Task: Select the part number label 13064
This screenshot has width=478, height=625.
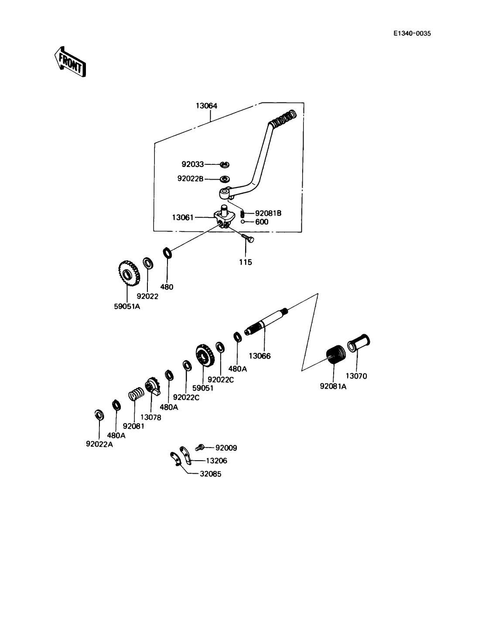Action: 206,106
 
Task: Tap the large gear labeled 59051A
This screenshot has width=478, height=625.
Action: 129,275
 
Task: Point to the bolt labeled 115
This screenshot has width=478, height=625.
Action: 248,238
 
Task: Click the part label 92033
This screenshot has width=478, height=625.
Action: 192,164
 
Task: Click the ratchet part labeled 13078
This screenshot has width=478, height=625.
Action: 154,385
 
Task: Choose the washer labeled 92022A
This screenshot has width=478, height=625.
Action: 99,414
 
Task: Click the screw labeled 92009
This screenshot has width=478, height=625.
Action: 200,447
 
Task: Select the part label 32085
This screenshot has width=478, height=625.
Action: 210,474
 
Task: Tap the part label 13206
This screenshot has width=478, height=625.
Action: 216,461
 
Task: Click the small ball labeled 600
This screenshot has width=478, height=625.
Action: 242,221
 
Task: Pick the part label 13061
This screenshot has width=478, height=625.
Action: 183,217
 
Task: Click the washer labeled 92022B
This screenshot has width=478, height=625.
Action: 225,179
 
